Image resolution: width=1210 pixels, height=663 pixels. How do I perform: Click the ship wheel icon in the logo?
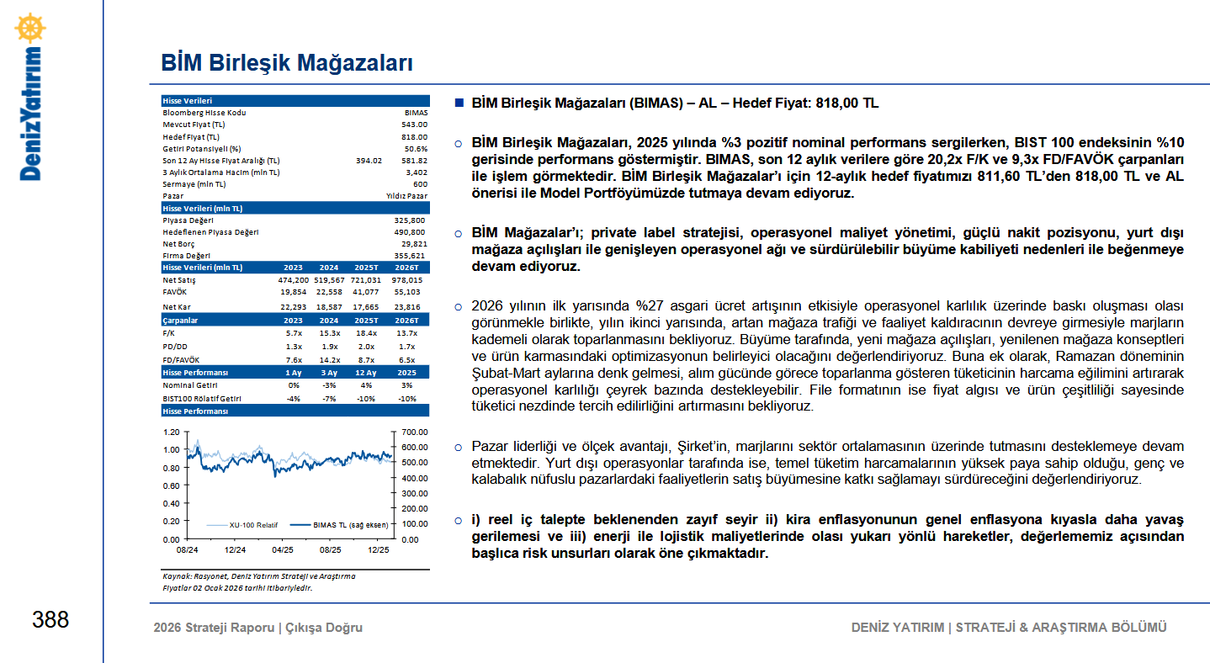(x=30, y=28)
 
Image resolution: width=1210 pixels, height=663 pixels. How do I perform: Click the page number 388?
(x=50, y=620)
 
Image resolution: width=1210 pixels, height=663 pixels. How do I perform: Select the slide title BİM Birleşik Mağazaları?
(x=286, y=63)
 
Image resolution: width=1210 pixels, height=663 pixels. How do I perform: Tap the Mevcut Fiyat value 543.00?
(x=414, y=125)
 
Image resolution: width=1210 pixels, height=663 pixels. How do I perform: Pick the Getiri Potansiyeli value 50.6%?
(x=415, y=148)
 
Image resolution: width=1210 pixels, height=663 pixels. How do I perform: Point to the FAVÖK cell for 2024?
(x=329, y=292)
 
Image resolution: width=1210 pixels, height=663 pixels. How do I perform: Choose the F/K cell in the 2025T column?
(x=366, y=334)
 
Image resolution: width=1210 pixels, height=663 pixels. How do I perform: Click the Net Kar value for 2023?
(x=294, y=307)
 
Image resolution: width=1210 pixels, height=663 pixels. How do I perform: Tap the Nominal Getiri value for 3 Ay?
(x=329, y=385)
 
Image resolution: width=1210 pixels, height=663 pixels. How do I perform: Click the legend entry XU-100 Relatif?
(x=253, y=524)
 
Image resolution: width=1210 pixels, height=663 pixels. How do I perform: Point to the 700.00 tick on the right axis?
(x=416, y=432)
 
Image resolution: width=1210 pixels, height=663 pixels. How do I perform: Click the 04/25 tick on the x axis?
(x=283, y=550)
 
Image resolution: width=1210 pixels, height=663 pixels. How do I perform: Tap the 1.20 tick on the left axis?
(x=171, y=432)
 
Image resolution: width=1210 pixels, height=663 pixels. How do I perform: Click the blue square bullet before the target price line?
(x=459, y=103)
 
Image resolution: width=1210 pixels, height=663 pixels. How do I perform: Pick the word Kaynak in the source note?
(x=176, y=576)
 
